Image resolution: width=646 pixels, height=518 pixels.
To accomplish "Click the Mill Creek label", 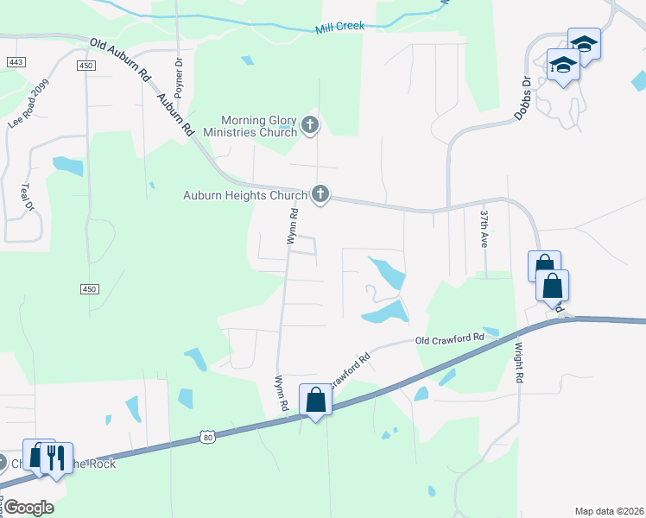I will [x=339, y=26].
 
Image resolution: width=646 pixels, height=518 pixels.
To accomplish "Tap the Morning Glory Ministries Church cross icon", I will [x=310, y=126].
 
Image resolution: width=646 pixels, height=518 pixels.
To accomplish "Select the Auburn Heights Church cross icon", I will [x=320, y=194].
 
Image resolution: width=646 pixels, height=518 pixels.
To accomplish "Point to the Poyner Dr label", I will [x=179, y=76].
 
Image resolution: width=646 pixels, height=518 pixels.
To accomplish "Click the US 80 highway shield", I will [x=206, y=438].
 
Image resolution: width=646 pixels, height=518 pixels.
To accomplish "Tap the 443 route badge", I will [x=15, y=62].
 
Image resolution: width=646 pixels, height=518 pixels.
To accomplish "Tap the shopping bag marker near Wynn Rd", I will [x=315, y=400].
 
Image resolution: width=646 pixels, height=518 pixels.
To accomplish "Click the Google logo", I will [x=28, y=507].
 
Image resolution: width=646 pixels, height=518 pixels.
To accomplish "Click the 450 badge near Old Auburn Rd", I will [x=85, y=66].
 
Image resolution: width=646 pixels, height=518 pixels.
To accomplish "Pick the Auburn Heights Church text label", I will [x=245, y=195].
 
